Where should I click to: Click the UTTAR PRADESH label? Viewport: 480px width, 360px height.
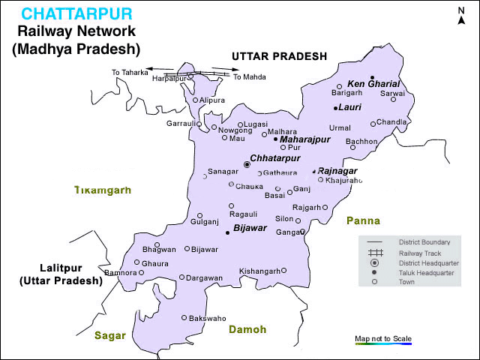click(279, 56)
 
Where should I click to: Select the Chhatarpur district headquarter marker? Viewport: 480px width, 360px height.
click(247, 163)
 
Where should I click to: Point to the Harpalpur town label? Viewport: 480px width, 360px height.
click(169, 78)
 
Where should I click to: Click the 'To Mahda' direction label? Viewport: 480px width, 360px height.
click(249, 76)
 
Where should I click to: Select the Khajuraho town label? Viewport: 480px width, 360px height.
click(344, 180)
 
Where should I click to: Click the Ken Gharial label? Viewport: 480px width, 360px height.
click(373, 83)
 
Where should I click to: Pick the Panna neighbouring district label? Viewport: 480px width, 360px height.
click(363, 220)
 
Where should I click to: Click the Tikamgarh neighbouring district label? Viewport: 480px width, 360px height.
click(102, 190)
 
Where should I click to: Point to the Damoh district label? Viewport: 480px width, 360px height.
click(247, 329)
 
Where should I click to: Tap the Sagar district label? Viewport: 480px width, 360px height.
click(110, 335)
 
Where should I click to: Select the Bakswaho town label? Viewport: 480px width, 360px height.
click(206, 318)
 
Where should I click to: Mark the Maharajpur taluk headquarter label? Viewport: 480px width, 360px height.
click(304, 139)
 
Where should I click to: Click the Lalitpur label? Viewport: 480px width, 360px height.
click(61, 268)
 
